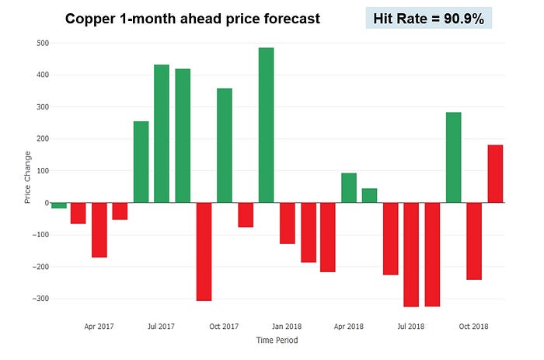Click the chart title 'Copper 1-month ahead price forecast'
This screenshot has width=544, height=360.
(192, 18)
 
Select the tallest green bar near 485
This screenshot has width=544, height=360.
(266, 124)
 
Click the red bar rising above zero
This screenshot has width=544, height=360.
(495, 173)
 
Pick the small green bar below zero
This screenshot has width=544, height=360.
(58, 205)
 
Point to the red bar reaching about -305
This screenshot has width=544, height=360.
(204, 251)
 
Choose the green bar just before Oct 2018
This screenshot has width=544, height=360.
(453, 157)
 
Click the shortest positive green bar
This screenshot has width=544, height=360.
(369, 195)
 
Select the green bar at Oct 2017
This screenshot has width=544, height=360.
(224, 145)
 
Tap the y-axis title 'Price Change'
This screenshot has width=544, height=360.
(27, 178)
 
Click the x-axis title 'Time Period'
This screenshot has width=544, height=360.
(276, 340)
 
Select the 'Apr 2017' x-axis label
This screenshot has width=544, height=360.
(99, 327)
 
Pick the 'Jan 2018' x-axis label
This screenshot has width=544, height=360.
(286, 327)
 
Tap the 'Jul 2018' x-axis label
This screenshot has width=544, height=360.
(411, 327)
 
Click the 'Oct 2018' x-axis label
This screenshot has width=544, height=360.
(473, 327)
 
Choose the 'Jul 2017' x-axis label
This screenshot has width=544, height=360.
(161, 327)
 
